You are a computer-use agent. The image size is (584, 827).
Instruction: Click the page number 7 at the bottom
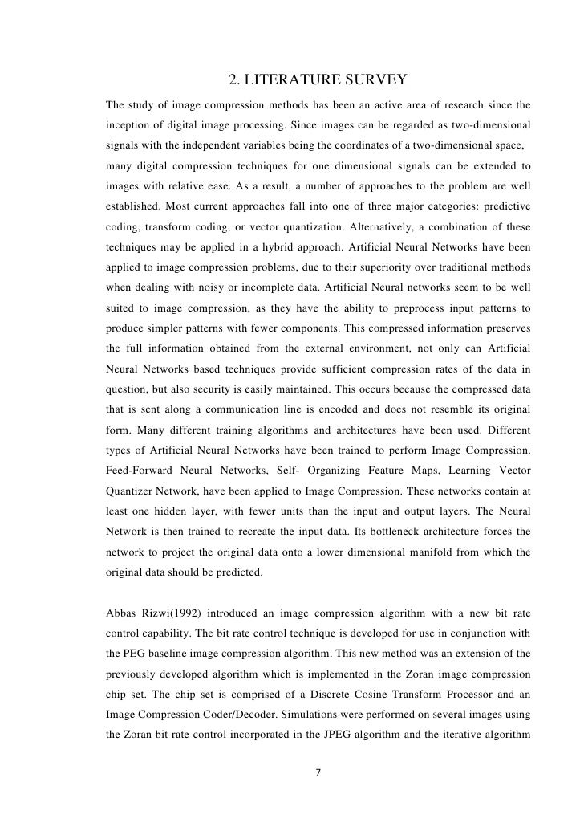(x=318, y=773)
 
